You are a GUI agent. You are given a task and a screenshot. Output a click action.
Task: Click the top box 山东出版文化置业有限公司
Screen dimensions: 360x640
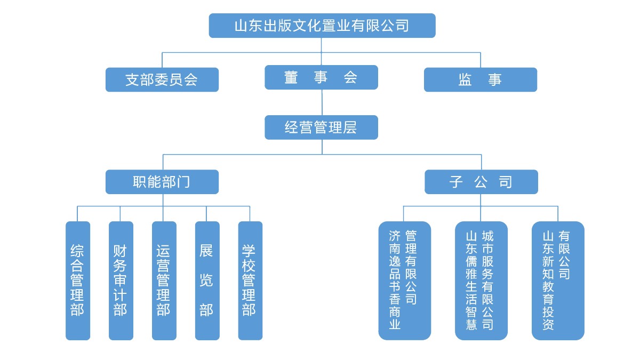click(x=322, y=26)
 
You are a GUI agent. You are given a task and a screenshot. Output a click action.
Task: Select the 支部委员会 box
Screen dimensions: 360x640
click(x=162, y=79)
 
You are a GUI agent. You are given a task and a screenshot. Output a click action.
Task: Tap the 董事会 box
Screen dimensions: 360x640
click(x=321, y=77)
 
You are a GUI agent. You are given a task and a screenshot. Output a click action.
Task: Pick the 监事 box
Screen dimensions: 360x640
click(x=480, y=79)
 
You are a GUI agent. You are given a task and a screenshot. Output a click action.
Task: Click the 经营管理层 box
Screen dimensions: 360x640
click(x=321, y=127)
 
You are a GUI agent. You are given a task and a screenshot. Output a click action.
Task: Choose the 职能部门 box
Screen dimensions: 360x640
click(x=162, y=182)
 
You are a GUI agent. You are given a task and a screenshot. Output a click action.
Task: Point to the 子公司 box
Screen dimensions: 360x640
click(x=481, y=182)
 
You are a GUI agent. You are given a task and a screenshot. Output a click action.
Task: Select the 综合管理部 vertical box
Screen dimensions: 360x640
click(x=77, y=281)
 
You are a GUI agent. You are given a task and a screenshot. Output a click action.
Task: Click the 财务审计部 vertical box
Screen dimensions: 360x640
click(x=121, y=281)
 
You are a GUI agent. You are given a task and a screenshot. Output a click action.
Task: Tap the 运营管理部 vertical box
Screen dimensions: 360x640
click(x=164, y=281)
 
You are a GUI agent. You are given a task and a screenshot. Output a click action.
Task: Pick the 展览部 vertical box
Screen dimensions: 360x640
click(x=207, y=281)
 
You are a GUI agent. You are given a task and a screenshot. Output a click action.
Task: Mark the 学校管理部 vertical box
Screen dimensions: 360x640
click(x=250, y=281)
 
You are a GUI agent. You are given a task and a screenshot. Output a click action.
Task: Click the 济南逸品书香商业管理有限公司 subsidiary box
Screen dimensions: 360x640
click(x=404, y=281)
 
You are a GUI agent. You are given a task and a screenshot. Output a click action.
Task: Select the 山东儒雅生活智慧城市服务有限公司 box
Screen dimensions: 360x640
click(x=481, y=281)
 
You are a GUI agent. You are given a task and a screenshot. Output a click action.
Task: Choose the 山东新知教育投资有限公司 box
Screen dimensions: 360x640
click(x=557, y=281)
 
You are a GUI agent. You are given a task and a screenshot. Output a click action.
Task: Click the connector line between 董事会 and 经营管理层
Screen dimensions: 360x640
click(x=321, y=102)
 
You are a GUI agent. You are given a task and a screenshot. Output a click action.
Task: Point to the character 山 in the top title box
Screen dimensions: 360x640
click(x=241, y=26)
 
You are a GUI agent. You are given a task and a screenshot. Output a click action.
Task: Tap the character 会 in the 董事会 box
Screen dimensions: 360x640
click(x=350, y=77)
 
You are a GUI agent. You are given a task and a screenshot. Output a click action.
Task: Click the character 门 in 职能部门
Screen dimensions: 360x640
click(x=183, y=182)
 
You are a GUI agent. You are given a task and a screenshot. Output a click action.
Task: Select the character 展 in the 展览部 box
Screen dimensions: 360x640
click(x=206, y=251)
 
